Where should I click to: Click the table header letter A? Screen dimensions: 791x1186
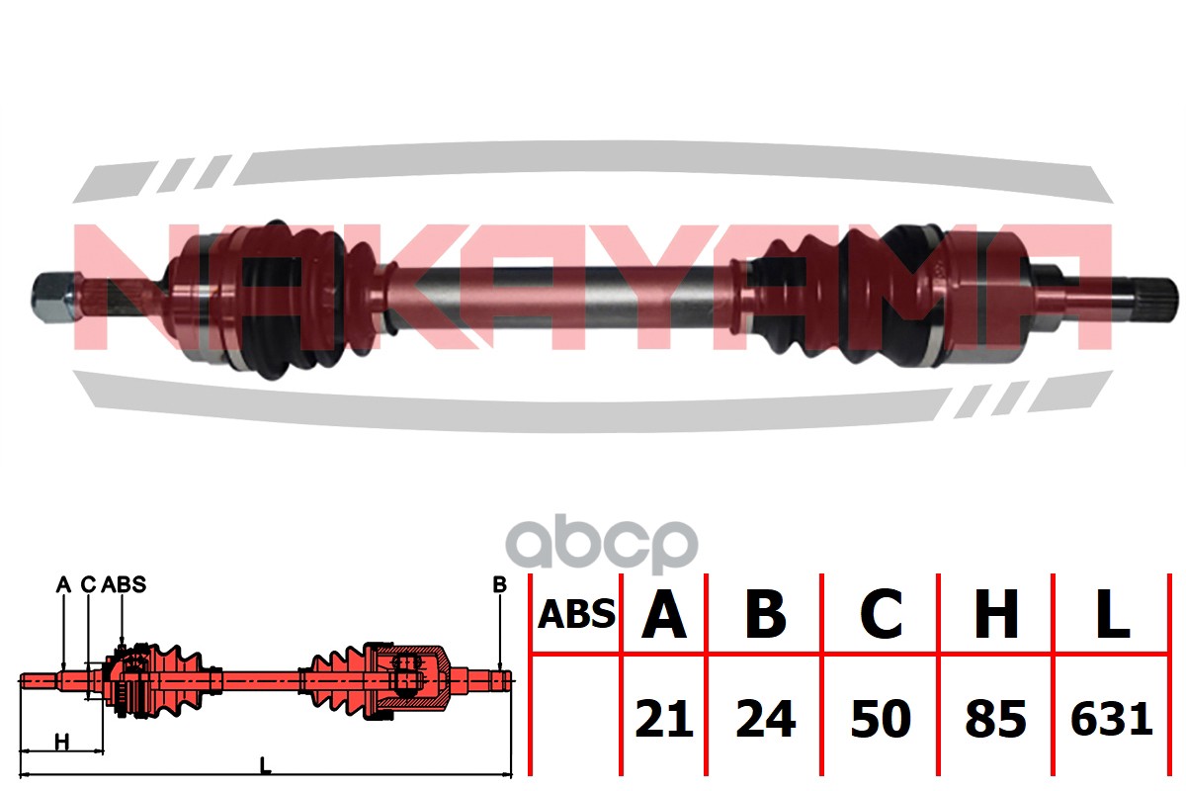click(x=664, y=615)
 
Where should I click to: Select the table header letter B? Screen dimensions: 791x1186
click(x=765, y=615)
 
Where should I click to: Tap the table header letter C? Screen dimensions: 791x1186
click(x=881, y=615)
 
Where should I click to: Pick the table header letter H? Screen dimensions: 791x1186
click(x=996, y=615)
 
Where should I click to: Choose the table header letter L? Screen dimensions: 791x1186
click(x=1113, y=615)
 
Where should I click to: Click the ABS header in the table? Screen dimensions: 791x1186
click(x=576, y=615)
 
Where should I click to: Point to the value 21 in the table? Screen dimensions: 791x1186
click(x=663, y=719)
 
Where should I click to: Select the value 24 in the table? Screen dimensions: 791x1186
click(x=765, y=719)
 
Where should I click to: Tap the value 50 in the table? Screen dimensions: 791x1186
click(x=881, y=719)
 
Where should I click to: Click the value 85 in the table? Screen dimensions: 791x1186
click(x=996, y=719)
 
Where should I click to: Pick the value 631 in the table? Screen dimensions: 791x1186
click(x=1113, y=719)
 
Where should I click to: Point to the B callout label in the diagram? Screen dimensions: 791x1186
click(x=499, y=585)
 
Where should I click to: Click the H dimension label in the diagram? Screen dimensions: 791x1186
click(x=61, y=741)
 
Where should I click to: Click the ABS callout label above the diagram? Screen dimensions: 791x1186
click(x=124, y=585)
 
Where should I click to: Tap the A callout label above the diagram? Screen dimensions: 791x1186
click(x=63, y=585)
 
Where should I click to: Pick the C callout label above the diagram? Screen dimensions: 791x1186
click(x=87, y=585)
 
